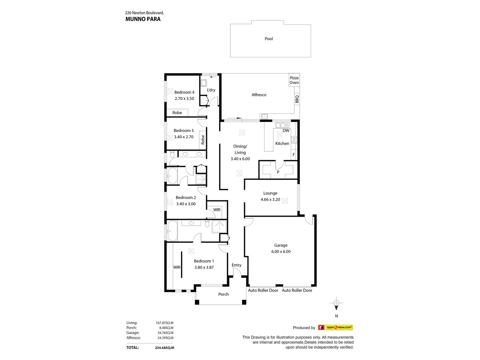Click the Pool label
pos(269,39)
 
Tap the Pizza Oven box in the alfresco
pos(294,80)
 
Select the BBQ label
pos(297,99)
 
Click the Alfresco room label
pos(259,95)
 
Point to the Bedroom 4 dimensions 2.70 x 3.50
pos(184,99)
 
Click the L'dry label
pos(211,90)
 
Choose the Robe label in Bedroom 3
pos(203,139)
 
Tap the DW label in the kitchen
pos(286,131)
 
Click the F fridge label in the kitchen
pos(294,155)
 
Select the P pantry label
pos(278,172)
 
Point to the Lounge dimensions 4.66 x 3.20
pos(270,200)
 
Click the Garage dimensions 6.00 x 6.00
pos(281,252)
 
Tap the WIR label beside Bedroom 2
pos(217,210)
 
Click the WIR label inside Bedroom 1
pos(177,267)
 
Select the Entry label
pos(236,265)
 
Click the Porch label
pos(223,294)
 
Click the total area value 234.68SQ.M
pos(164,348)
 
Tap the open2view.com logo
pos(335,327)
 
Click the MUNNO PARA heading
pos(143,19)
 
